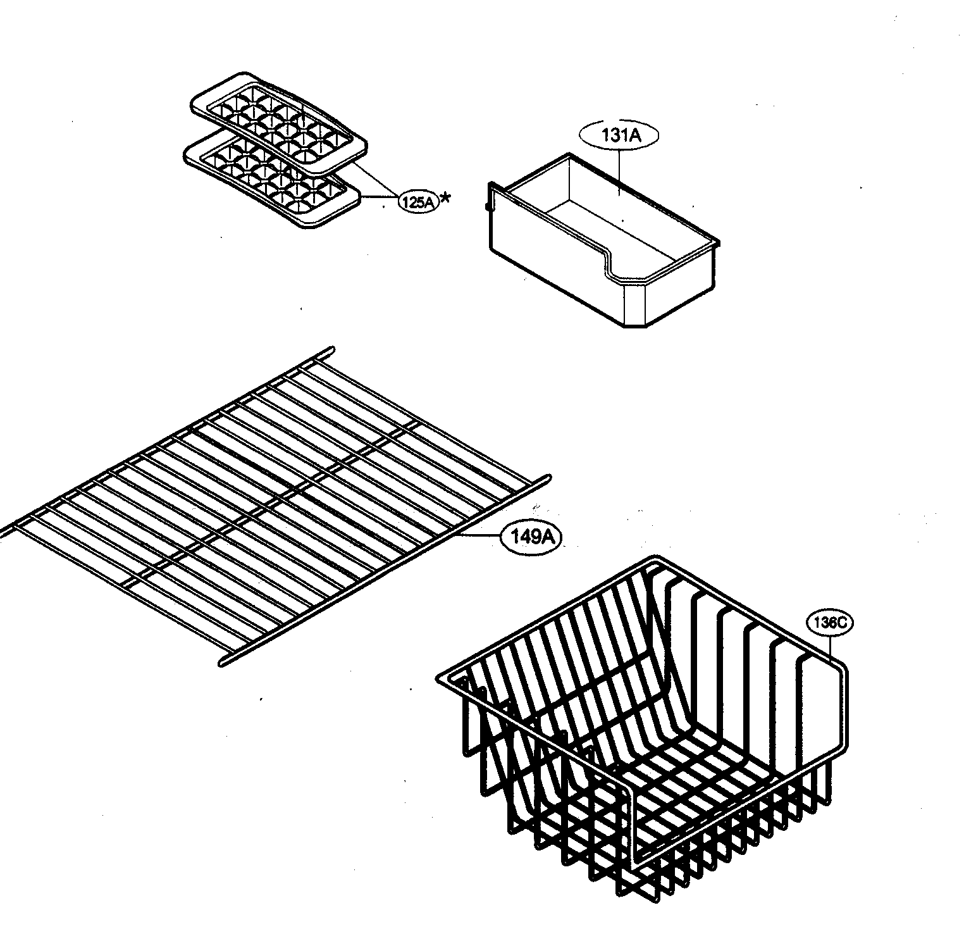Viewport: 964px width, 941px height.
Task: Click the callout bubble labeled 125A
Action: (x=418, y=202)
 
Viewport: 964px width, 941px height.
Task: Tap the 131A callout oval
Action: (x=619, y=135)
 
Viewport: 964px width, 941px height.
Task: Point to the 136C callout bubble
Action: (x=829, y=623)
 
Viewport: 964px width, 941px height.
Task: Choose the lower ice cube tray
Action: (x=272, y=180)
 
